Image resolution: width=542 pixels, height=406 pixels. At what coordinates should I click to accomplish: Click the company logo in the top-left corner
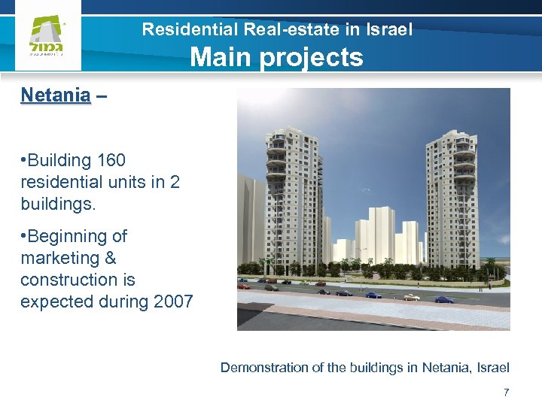(47, 38)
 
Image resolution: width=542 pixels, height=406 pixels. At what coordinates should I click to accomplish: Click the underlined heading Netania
(56, 95)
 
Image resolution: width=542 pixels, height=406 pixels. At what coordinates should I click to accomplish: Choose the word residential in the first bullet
(59, 183)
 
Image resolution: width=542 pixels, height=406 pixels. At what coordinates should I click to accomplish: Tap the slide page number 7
(506, 392)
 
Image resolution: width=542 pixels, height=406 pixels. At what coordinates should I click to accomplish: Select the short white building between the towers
(373, 237)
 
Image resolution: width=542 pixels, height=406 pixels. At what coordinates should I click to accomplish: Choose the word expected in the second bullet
(55, 302)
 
